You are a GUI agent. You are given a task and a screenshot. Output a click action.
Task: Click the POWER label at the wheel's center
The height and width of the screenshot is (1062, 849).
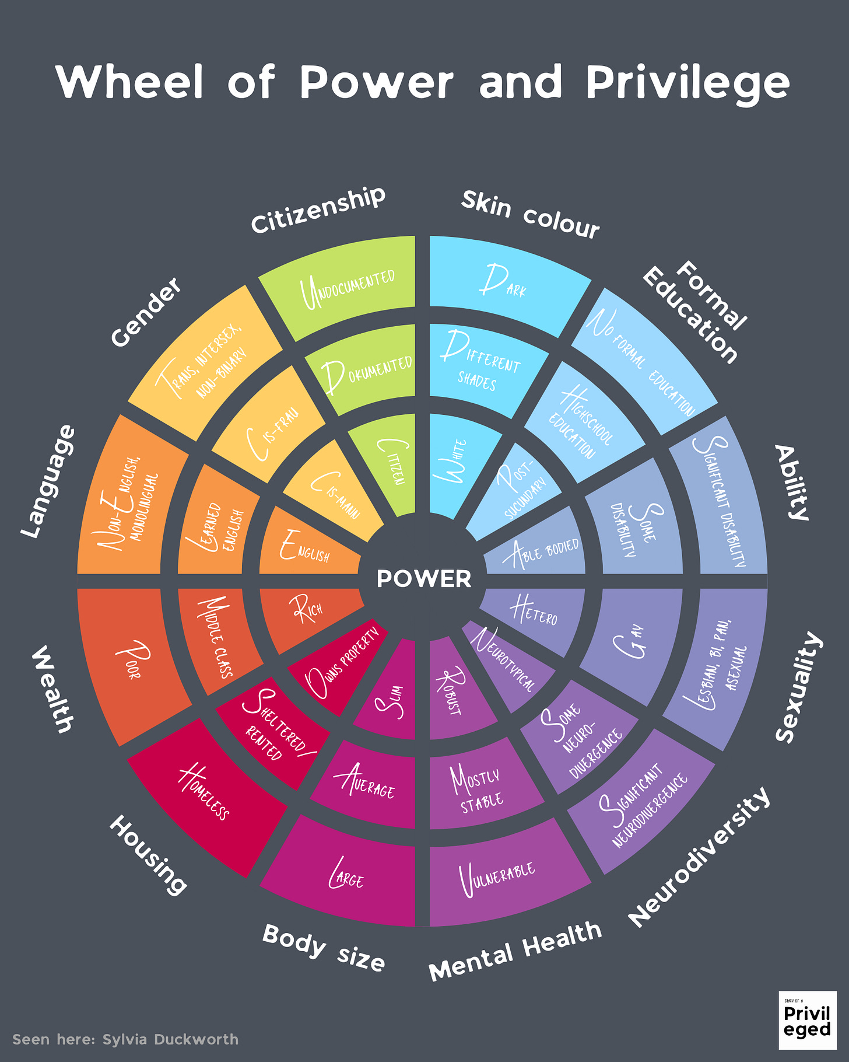tap(424, 579)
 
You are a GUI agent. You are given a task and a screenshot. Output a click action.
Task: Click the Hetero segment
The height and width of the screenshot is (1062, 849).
tap(534, 613)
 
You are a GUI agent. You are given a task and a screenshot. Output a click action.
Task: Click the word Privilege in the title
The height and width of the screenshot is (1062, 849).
tap(688, 82)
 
